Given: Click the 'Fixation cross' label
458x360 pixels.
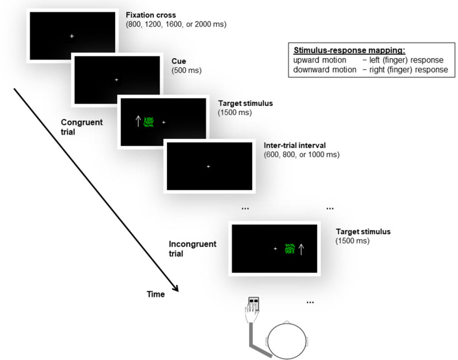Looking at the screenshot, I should click(x=153, y=14).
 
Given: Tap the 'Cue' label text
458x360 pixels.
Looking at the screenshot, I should click(x=178, y=60).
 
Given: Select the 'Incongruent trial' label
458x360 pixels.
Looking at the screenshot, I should click(x=192, y=249).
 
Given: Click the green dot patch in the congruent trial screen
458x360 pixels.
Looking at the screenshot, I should click(x=149, y=122).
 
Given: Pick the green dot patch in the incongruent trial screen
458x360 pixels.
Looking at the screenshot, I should click(x=289, y=248).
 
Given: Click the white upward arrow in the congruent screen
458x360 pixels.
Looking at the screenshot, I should click(x=137, y=121).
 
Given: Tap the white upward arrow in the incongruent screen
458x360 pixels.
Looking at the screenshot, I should click(x=301, y=248).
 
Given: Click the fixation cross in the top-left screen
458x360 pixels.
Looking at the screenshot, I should click(x=72, y=36).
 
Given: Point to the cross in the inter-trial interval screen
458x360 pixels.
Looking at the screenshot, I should click(x=208, y=167).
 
